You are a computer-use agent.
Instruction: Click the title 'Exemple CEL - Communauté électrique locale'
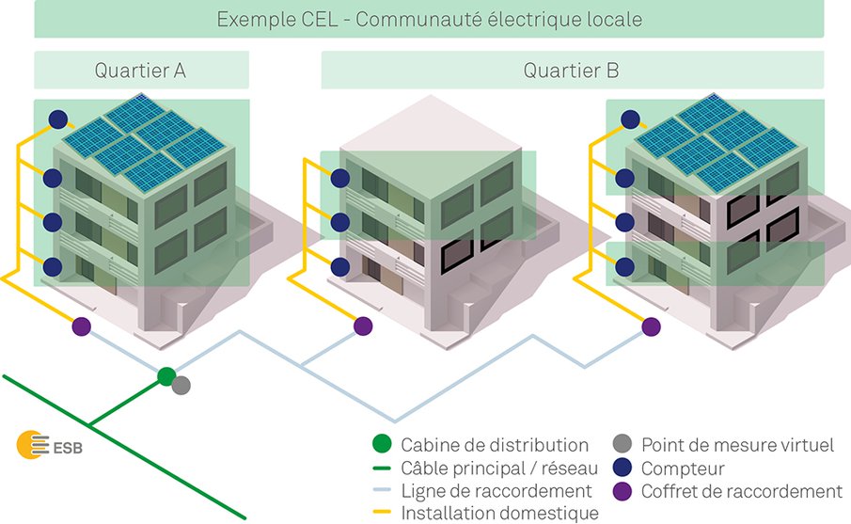(429, 19)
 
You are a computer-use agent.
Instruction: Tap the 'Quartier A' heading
(141, 71)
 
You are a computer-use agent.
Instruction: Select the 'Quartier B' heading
(572, 71)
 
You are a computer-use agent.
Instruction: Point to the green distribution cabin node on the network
(166, 376)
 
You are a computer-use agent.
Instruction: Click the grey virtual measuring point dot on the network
(181, 385)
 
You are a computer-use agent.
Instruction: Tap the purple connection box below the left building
(82, 326)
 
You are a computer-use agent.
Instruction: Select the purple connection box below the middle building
(363, 326)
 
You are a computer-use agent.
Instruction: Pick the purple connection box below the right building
(650, 326)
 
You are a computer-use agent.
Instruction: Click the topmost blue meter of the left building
(58, 119)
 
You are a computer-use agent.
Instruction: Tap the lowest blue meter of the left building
(53, 266)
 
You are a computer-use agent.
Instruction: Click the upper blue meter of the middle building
(339, 176)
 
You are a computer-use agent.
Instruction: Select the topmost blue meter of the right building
(630, 119)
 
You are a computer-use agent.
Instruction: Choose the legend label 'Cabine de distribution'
(495, 445)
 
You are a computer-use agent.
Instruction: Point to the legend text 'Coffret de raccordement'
(741, 491)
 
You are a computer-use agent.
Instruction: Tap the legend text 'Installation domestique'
(499, 514)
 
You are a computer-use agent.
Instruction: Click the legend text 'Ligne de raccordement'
(496, 491)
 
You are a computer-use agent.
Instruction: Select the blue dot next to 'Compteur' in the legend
(620, 468)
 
